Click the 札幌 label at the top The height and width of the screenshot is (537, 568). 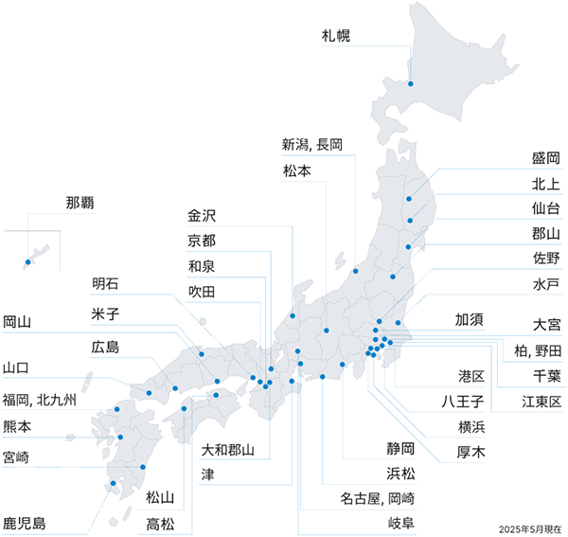[x=336, y=37]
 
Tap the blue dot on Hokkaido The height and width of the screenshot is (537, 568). [x=411, y=83]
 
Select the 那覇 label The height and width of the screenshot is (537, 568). [x=80, y=203]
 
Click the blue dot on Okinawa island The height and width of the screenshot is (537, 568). [x=28, y=262]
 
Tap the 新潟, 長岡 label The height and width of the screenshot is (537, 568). [x=311, y=146]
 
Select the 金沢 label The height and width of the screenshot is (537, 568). [x=203, y=215]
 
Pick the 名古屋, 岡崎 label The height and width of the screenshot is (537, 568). [x=377, y=497]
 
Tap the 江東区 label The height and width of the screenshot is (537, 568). [x=542, y=402]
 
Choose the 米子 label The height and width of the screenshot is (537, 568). [x=105, y=313]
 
